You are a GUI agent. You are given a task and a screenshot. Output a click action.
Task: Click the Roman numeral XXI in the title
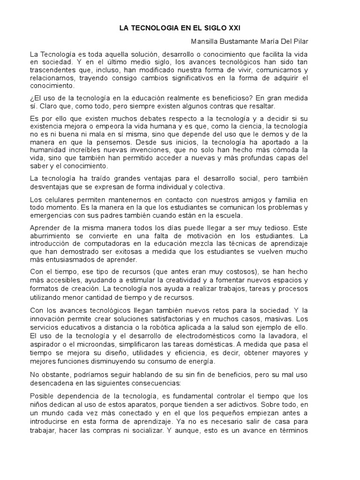(231, 29)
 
